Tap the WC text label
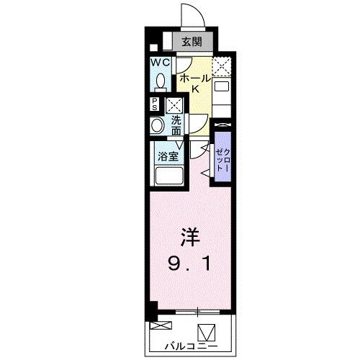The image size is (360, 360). coord(160,62)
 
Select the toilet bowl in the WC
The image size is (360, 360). coord(161,81)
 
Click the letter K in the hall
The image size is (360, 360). coord(194,89)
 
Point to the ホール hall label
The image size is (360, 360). coord(194,76)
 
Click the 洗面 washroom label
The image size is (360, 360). coord(176,127)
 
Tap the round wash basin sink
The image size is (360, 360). coord(158,125)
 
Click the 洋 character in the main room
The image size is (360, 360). coord(190,236)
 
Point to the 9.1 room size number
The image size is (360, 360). coord(191,264)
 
